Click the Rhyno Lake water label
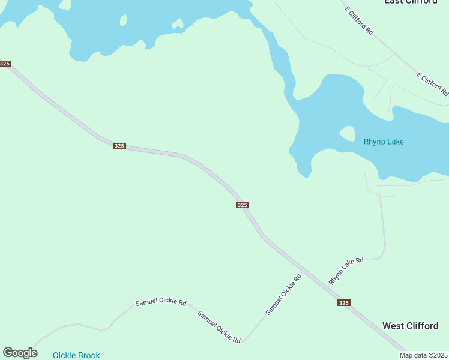coord(384,142)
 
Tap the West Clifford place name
coord(410,326)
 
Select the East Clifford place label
coord(411,2)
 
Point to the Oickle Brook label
coord(76,355)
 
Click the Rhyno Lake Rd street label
coord(346,271)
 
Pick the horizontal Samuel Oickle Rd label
coord(160,302)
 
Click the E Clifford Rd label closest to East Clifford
coord(358,20)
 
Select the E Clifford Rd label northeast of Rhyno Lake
coord(432,84)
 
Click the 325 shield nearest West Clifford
coord(343,303)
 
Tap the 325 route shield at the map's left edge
coord(5,64)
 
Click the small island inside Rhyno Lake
coord(347,133)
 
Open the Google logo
coord(20,353)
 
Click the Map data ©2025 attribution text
coord(423,355)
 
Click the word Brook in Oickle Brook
coord(88,355)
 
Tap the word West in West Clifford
coord(393,326)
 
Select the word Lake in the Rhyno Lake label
coord(395,142)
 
